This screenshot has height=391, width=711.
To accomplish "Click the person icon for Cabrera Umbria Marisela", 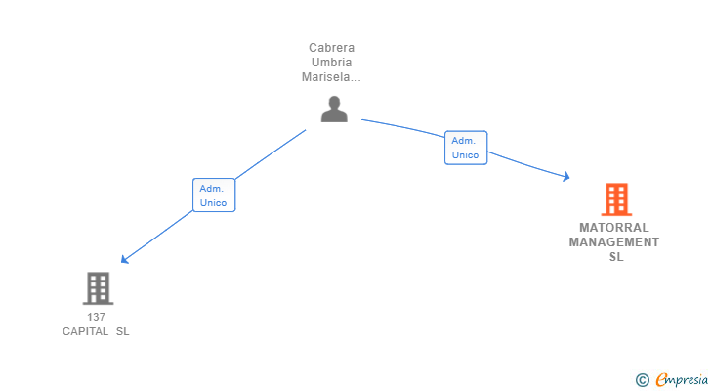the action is coord(334,109).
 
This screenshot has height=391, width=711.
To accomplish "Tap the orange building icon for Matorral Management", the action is coord(615,199).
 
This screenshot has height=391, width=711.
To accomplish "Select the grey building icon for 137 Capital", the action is coord(97,288).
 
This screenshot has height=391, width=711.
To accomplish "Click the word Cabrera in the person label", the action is coord(331,47).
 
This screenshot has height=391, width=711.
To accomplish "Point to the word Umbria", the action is coord(331,62).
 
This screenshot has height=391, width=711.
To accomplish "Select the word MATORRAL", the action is coord(614,227).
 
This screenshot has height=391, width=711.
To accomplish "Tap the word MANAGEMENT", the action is coord(614,241).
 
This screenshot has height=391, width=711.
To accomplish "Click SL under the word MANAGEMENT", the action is coord(615,257).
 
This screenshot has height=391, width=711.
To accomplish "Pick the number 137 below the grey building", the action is coord(96,317).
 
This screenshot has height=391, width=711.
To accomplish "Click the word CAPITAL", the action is coord(85,331).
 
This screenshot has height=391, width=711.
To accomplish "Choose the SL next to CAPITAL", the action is coord(122,331).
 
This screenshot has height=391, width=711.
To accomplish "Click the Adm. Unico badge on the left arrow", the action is coord(213,195).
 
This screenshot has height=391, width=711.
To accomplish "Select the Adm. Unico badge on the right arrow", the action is coord(465,148).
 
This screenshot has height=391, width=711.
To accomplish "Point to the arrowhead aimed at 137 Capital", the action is coord(123,261).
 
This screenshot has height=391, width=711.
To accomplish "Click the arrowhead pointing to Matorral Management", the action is coord(565,177).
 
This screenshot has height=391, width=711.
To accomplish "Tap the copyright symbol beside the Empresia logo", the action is coord(642,380).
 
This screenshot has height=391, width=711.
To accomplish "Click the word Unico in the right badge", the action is coord(465,155).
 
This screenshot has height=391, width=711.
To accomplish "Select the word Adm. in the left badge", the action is coord(212,188).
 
